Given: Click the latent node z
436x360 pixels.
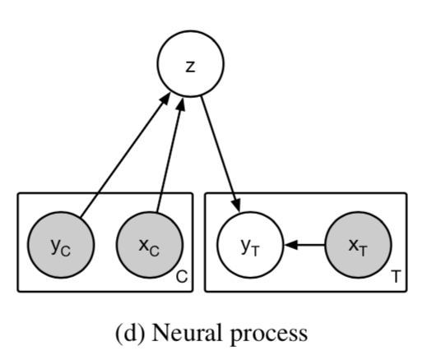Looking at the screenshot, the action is click(191, 64).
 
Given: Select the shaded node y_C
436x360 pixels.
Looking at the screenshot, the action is click(61, 245).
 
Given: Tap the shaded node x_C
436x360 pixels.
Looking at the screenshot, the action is click(150, 245).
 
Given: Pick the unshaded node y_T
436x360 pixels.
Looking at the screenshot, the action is click(250, 245).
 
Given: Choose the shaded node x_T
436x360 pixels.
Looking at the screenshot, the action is click(358, 245).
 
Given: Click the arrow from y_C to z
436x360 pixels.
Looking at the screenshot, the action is click(125, 155).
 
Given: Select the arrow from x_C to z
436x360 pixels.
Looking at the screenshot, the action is click(170, 155).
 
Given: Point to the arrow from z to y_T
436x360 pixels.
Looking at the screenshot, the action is click(220, 155).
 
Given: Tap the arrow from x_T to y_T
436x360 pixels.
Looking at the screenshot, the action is click(304, 245).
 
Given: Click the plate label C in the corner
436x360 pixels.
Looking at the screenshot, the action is click(182, 277).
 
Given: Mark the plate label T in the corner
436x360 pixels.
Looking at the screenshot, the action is click(396, 276).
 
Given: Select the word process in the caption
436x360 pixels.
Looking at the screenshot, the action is click(269, 335).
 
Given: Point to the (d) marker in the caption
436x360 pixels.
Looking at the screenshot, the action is click(130, 334).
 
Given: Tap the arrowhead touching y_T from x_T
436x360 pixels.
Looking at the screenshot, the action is click(291, 245).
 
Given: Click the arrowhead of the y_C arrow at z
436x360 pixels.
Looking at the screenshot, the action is click(165, 99).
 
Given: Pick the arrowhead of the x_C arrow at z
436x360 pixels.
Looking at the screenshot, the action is click(182, 104).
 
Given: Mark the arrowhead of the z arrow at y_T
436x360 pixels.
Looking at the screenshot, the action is click(237, 206).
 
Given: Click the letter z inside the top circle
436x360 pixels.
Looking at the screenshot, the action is click(190, 67).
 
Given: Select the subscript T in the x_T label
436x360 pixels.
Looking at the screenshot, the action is click(363, 252).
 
